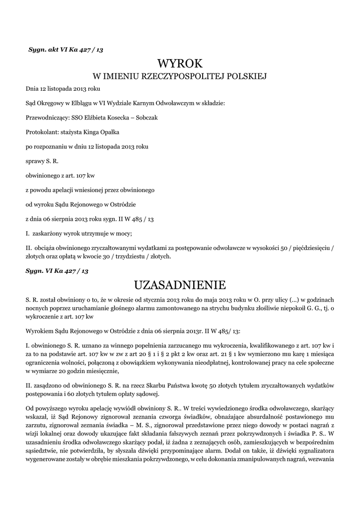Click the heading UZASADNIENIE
180,285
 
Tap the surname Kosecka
119,118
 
